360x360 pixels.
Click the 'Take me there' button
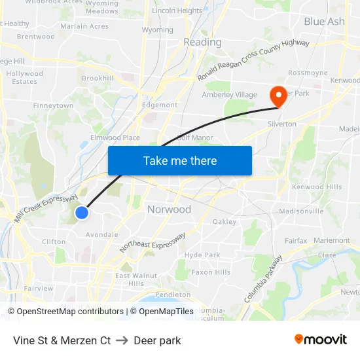coord(180,160)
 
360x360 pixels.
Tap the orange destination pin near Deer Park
coord(279,96)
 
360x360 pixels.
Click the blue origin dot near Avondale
coord(81,213)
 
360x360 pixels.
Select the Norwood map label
coord(169,209)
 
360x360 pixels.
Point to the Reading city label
coord(202,42)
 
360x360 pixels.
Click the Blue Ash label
coord(324,21)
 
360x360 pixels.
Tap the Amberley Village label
coord(228,94)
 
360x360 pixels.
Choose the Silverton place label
coord(281,124)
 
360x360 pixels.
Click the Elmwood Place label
coord(115,137)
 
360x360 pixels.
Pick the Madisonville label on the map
coord(301,211)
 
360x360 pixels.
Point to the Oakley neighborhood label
coord(225,221)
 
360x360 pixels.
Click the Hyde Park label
coord(202,255)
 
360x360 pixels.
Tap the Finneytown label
coord(53,105)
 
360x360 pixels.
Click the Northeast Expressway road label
coord(153,243)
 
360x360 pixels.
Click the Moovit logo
coord(321,339)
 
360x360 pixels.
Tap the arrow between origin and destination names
coord(122,340)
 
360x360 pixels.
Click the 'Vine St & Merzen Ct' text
coord(62,340)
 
